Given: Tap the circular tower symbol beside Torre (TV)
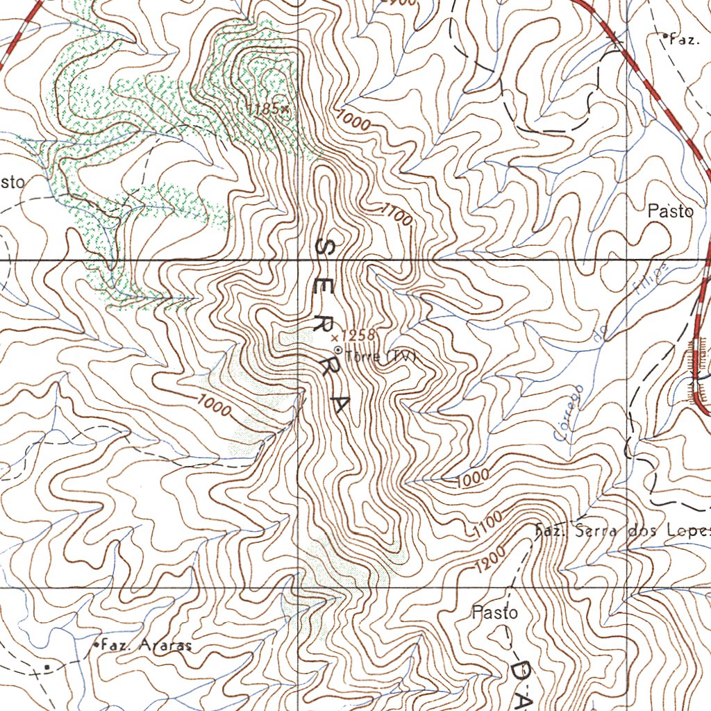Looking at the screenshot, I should click(x=338, y=350).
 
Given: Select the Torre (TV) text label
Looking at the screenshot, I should click(x=379, y=356).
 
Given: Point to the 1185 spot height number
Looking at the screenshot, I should click(x=265, y=108).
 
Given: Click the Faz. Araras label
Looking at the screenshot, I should click(x=146, y=645).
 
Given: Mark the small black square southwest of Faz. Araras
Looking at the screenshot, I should click(x=47, y=667).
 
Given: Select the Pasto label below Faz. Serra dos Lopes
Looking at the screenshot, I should click(x=494, y=613).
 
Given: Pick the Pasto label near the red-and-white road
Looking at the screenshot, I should click(x=670, y=212).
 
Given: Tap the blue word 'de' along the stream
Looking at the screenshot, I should click(x=601, y=333).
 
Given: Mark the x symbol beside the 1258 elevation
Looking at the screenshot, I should click(x=335, y=337).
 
